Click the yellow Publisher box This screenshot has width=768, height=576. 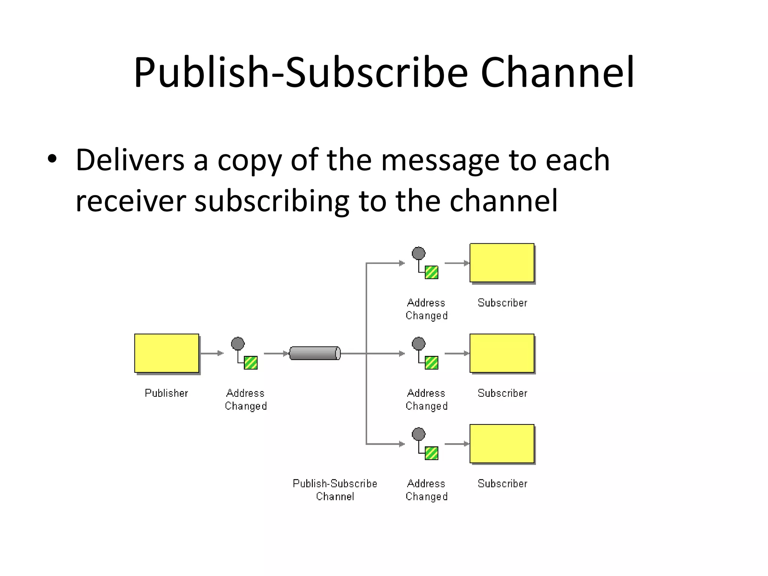click(x=166, y=353)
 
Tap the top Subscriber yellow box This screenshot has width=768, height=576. click(x=502, y=262)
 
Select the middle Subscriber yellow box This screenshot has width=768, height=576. click(x=502, y=353)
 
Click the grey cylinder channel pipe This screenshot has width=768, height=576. click(x=315, y=353)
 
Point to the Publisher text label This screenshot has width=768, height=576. click(x=166, y=393)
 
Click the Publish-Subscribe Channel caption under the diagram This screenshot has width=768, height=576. click(x=335, y=490)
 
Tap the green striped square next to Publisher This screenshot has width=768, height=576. click(x=250, y=363)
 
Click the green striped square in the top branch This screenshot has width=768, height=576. click(x=431, y=272)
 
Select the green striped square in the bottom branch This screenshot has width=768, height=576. click(x=431, y=453)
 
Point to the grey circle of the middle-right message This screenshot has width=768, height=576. click(x=418, y=343)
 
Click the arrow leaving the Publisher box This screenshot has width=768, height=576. click(x=212, y=353)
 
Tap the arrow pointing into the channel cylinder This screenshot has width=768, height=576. click(x=276, y=353)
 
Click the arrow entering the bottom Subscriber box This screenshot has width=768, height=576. click(x=457, y=444)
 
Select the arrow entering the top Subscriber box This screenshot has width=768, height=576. click(x=457, y=263)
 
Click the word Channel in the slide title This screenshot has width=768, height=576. click(x=557, y=72)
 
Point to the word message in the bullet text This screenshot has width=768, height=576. click(x=440, y=160)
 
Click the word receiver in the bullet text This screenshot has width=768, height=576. click(x=130, y=201)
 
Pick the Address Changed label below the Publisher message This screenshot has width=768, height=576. click(x=246, y=399)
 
